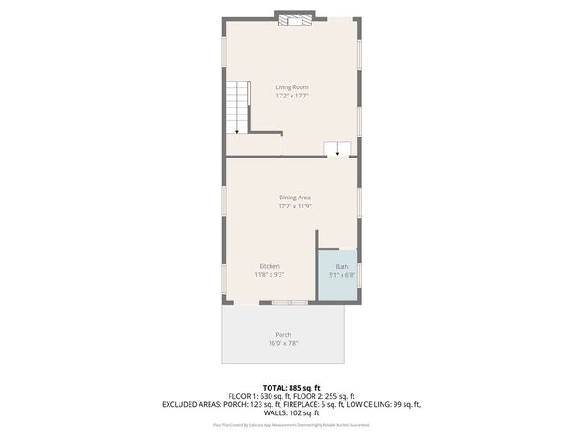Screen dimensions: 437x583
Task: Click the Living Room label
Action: (291, 87)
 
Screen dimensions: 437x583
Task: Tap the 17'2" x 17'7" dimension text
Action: (291, 96)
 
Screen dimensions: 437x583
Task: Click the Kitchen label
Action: (269, 266)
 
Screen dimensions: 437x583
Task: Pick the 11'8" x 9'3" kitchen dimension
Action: (269, 274)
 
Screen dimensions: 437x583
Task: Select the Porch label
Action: (283, 335)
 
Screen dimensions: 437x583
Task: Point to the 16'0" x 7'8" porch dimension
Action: (283, 343)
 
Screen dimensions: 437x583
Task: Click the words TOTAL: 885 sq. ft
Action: (291, 388)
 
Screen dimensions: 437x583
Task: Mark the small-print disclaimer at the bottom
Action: (291, 424)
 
